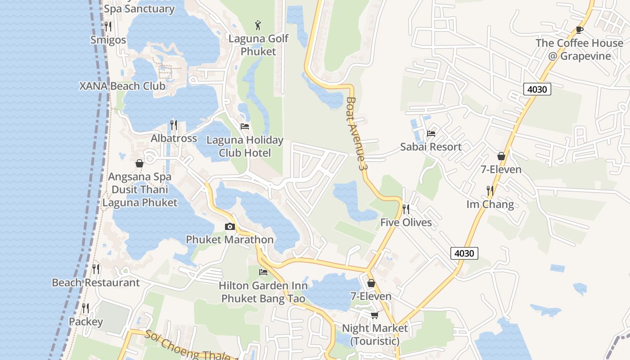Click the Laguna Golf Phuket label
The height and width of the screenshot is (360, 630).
(258, 45)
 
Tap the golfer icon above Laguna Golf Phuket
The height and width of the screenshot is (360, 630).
(257, 25)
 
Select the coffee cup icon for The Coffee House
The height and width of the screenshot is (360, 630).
(579, 30)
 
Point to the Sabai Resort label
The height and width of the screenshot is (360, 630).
(431, 147)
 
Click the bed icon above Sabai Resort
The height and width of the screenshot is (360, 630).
(431, 134)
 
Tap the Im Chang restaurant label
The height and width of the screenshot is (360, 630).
(490, 204)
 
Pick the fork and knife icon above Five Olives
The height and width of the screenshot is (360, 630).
(405, 209)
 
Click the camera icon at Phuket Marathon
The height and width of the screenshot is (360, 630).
(229, 226)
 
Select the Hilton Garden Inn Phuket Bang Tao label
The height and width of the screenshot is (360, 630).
(263, 292)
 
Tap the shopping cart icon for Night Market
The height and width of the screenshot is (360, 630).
(374, 315)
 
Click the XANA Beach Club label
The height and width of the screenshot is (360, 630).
(122, 86)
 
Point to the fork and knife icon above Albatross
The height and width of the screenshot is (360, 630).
(173, 125)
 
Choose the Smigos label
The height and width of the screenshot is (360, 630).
(108, 40)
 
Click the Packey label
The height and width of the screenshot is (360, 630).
(85, 322)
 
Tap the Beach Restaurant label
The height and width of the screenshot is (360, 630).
(96, 283)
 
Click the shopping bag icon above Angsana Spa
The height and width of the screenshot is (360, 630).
(139, 163)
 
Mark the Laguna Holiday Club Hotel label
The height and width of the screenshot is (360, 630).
(245, 147)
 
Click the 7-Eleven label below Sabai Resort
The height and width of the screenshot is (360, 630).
(501, 170)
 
